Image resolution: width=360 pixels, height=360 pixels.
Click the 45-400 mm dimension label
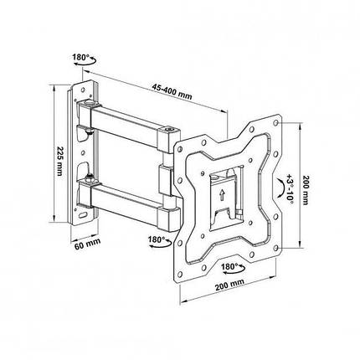coord(172,91)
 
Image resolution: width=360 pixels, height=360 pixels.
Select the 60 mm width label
coord(87,244)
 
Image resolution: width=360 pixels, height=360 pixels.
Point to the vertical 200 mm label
coord(306,190)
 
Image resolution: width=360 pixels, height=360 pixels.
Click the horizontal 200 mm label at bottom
coord(229,285)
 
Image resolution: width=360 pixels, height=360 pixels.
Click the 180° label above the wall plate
coord(80,58)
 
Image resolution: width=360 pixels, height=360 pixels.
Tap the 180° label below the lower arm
coord(156,239)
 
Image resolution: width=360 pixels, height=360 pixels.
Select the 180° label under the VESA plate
coord(229,266)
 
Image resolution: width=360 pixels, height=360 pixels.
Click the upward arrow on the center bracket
coord(222,195)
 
